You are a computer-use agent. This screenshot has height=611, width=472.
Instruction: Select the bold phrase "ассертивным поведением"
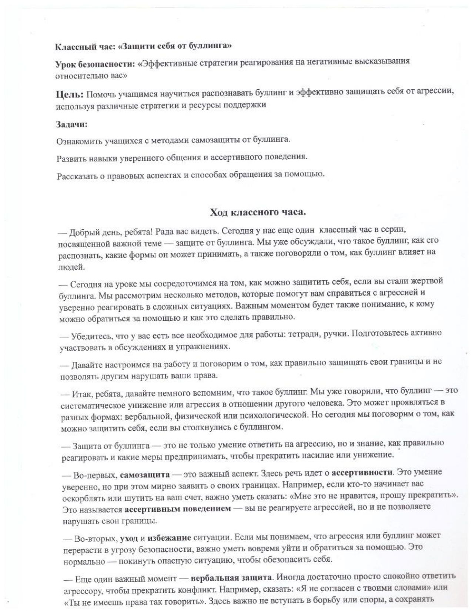(x=178, y=509)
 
